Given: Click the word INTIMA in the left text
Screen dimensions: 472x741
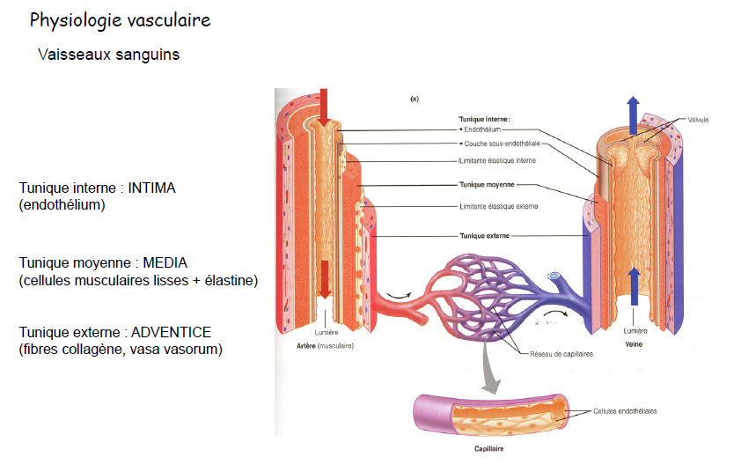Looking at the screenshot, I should tap(155, 188).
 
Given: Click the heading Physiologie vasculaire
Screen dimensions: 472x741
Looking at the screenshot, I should tap(121, 20).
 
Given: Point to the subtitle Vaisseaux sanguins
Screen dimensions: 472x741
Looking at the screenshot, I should tap(109, 55).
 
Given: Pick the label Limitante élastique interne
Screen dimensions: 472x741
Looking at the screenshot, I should tap(498, 160).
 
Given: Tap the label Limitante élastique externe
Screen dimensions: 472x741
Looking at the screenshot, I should tap(498, 206).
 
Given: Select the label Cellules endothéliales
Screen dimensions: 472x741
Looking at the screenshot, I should tap(625, 410).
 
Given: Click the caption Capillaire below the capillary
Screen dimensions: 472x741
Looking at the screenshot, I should tap(488, 447).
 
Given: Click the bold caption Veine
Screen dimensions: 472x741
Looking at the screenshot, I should tap(635, 344).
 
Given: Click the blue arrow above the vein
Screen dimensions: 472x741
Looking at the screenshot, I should tap(633, 112).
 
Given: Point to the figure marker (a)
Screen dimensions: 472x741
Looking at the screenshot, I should tap(414, 100).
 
